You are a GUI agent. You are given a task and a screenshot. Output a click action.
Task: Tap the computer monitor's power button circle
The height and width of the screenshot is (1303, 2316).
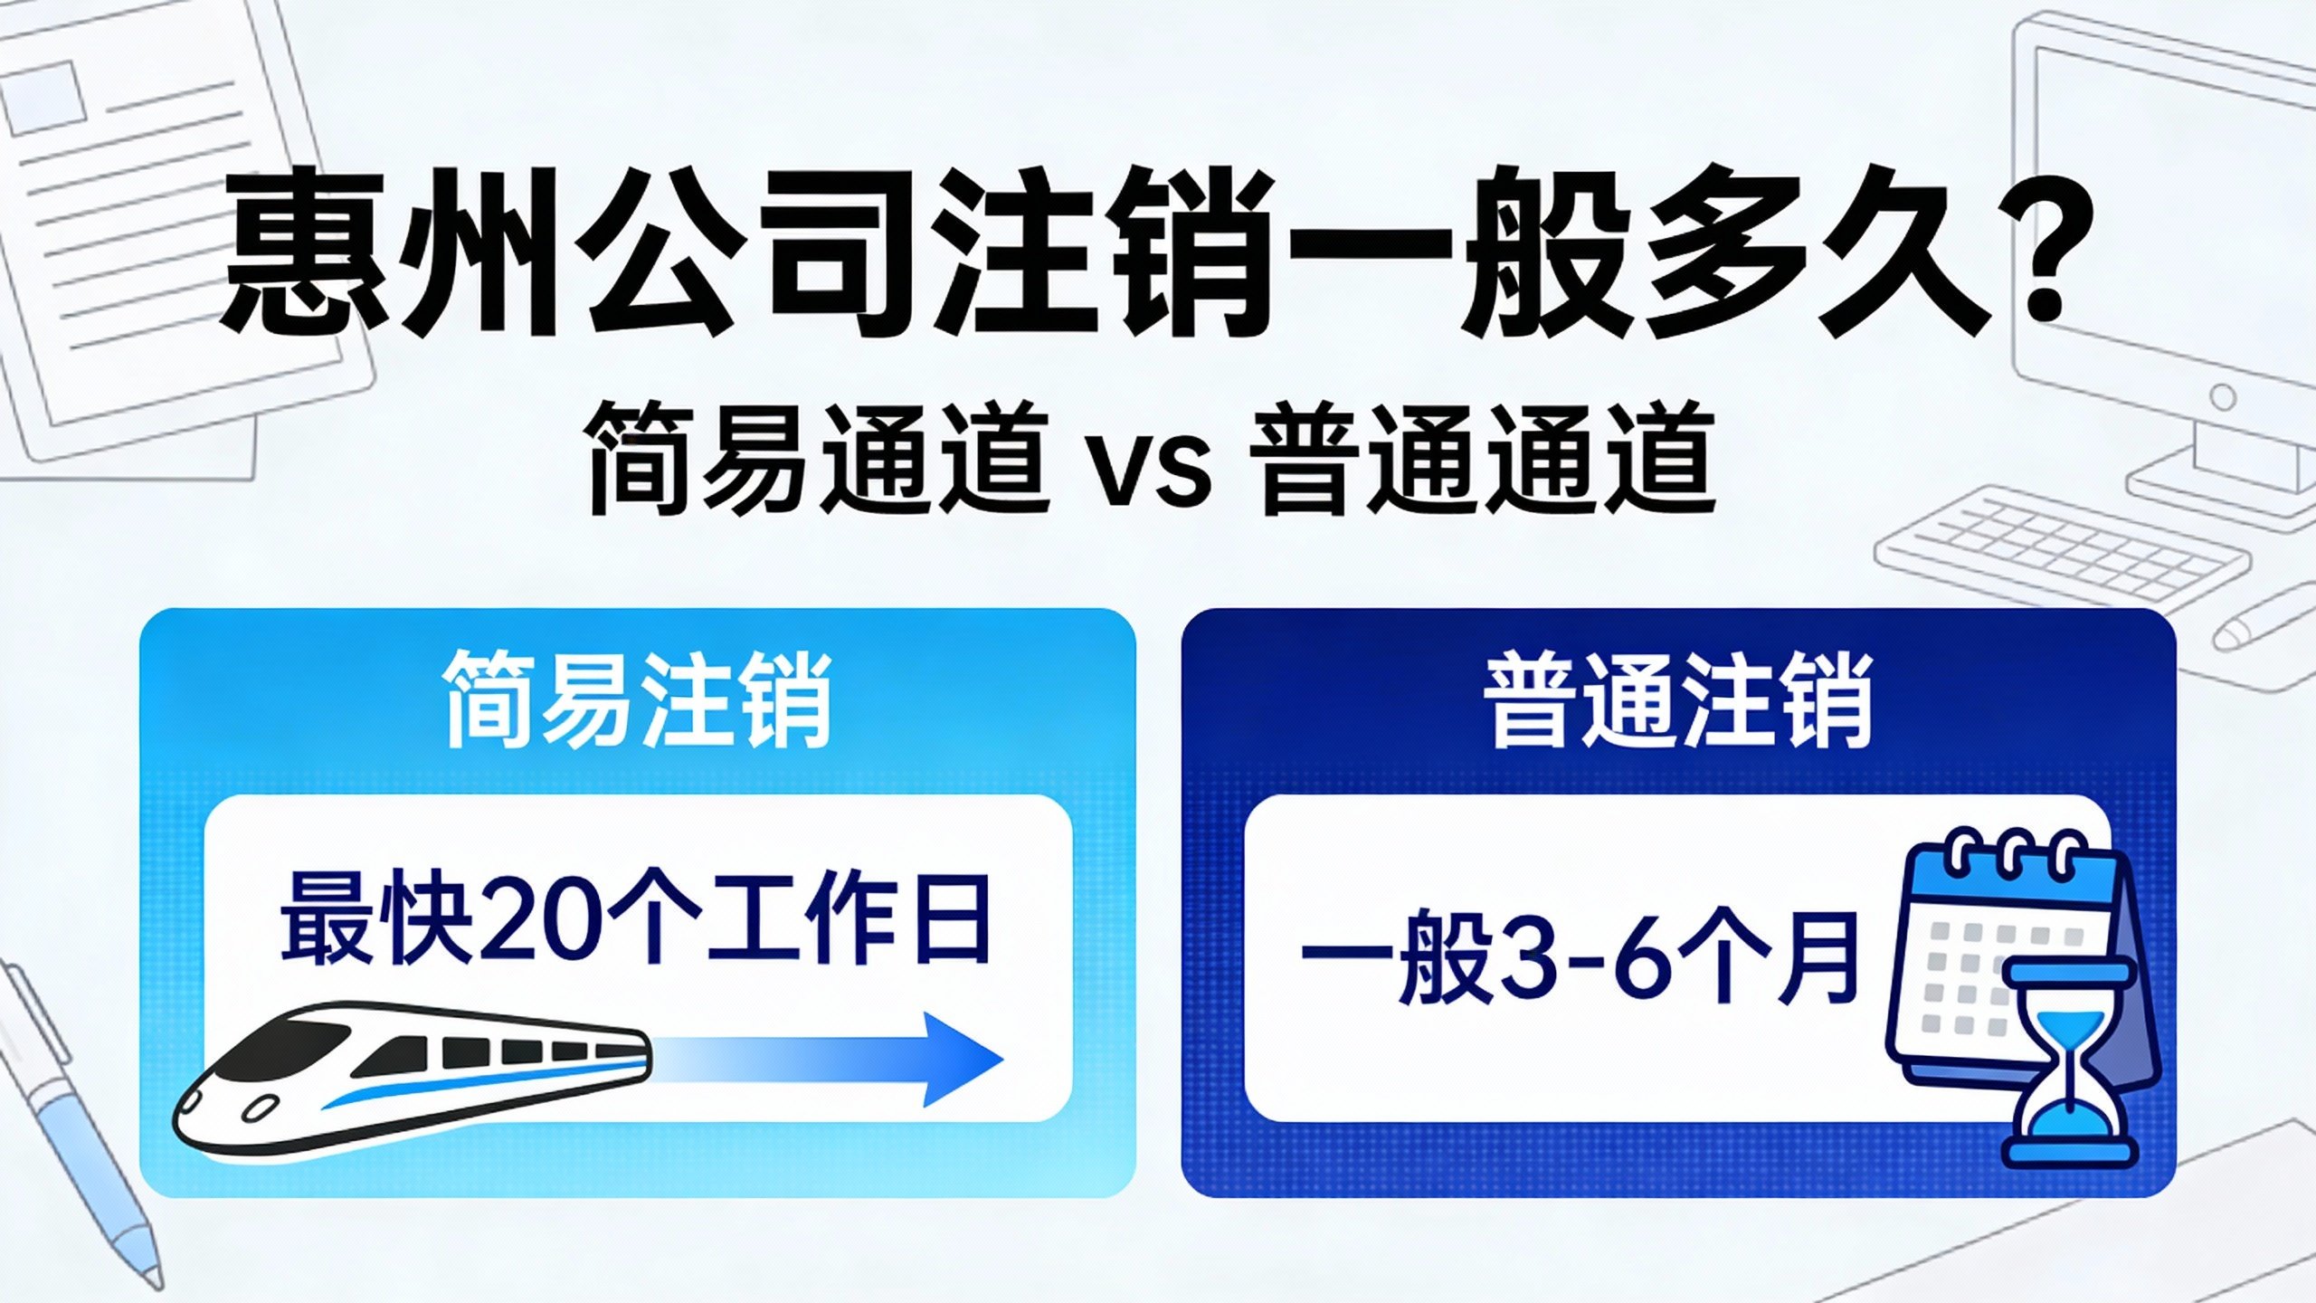(x=2223, y=397)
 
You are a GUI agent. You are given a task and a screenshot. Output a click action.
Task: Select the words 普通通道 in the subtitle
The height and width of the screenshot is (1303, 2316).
(x=1485, y=460)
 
